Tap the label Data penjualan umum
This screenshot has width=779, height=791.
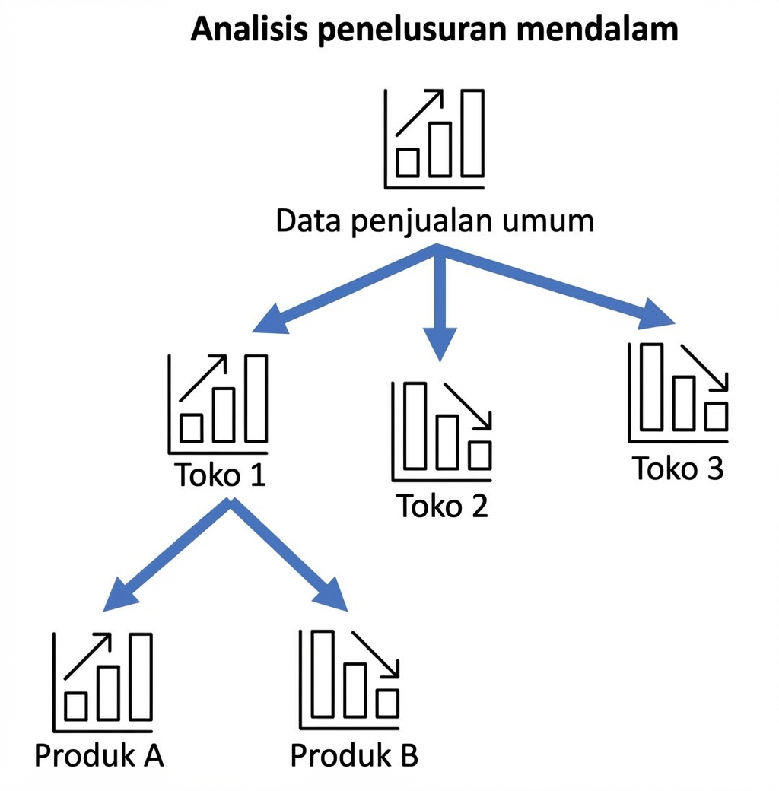pyautogui.click(x=434, y=221)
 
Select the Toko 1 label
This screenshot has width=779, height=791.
pyautogui.click(x=221, y=475)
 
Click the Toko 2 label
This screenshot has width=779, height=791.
pyautogui.click(x=442, y=506)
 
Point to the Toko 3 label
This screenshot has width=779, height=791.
pyautogui.click(x=679, y=469)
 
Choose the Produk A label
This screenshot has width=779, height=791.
pyautogui.click(x=99, y=756)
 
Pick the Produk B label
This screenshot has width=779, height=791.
pyautogui.click(x=355, y=756)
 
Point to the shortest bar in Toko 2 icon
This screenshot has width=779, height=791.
pyautogui.click(x=479, y=455)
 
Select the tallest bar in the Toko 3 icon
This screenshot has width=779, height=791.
pyautogui.click(x=652, y=386)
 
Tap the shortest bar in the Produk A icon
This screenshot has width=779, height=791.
pyautogui.click(x=75, y=707)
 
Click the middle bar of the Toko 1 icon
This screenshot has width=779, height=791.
pyautogui.click(x=223, y=415)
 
